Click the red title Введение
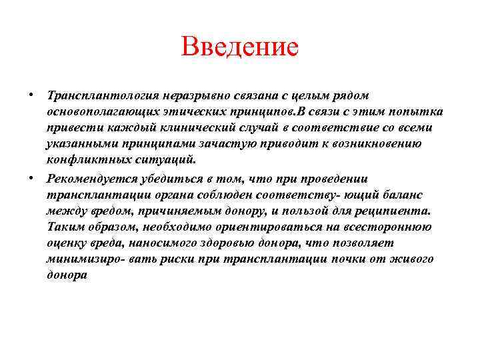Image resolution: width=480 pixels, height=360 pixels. (239, 47)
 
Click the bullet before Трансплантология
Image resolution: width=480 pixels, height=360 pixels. (32, 93)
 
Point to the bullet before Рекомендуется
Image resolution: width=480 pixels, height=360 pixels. (32, 177)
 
